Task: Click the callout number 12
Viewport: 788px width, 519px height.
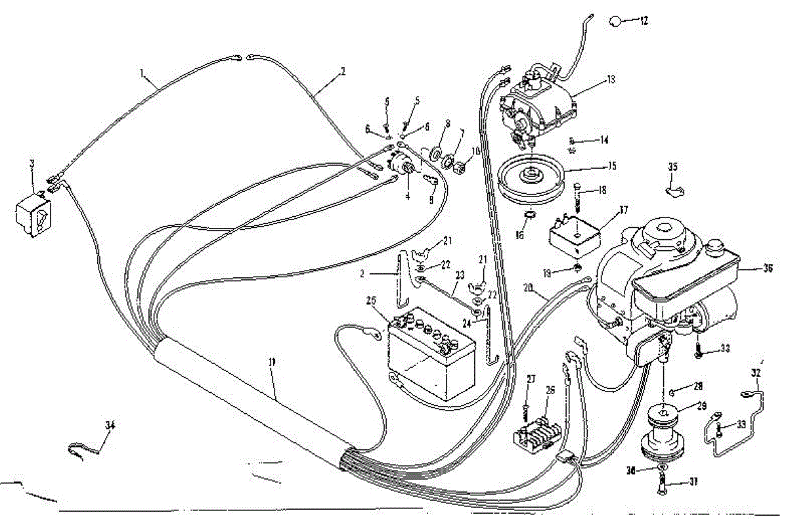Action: point(644,21)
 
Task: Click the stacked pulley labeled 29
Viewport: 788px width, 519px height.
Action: point(665,430)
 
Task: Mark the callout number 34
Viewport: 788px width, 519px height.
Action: point(109,425)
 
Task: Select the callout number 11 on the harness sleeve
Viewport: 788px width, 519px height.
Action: point(271,380)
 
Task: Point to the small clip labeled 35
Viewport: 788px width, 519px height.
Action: point(673,191)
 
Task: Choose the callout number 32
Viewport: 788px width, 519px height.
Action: point(755,372)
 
